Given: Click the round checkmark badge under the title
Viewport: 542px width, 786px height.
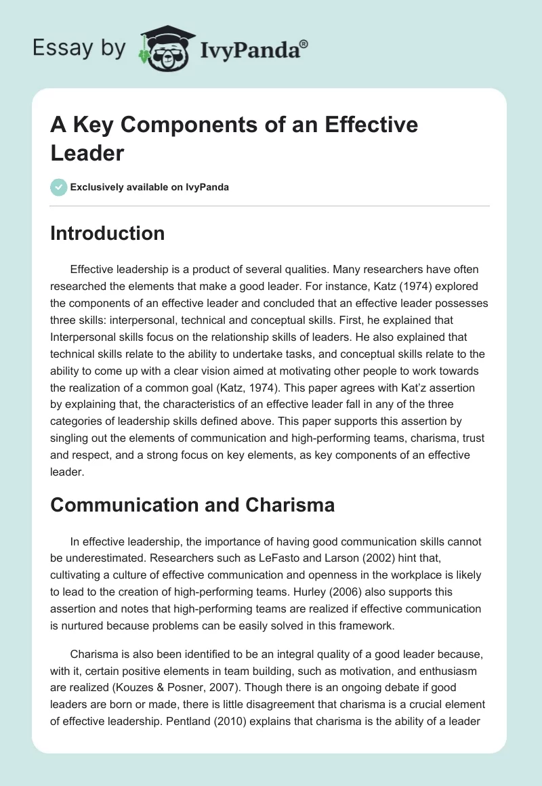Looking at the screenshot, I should click(x=59, y=187).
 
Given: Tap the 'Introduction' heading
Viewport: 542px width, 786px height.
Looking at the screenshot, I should click(x=108, y=233).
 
